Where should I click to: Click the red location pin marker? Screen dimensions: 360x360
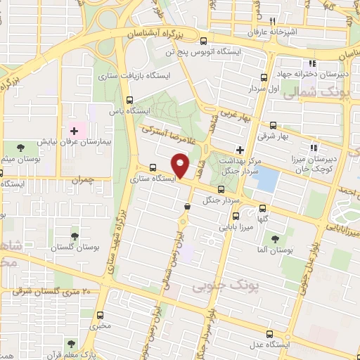(181, 165)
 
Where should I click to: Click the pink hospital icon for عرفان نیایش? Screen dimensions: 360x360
(73, 131)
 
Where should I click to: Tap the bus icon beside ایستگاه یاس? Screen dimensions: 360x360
(129, 99)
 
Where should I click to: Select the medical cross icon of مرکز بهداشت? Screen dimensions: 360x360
(240, 149)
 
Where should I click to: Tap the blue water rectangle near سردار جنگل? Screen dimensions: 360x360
(266, 179)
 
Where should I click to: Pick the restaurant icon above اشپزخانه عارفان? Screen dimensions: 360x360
(289, 20)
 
